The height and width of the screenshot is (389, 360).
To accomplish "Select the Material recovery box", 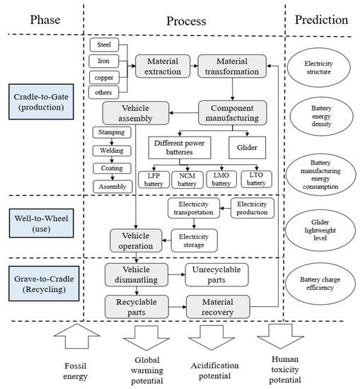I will tap(217, 306).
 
